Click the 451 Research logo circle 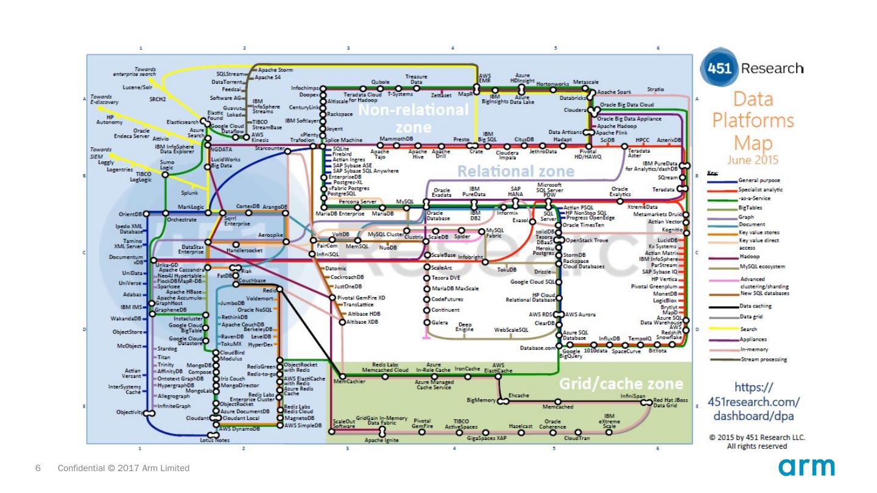[x=719, y=68]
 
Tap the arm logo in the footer [x=806, y=467]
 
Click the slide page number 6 [x=38, y=468]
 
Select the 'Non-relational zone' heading [x=414, y=119]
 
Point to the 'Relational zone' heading [x=515, y=171]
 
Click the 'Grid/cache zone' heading [x=621, y=383]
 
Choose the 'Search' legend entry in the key [x=748, y=329]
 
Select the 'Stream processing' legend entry [x=763, y=360]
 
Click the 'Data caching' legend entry [x=755, y=306]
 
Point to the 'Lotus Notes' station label [x=214, y=440]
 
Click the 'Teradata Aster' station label [x=639, y=153]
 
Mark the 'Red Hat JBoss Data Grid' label [x=670, y=402]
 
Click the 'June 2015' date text [x=753, y=161]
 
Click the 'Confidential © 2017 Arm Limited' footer [x=124, y=468]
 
